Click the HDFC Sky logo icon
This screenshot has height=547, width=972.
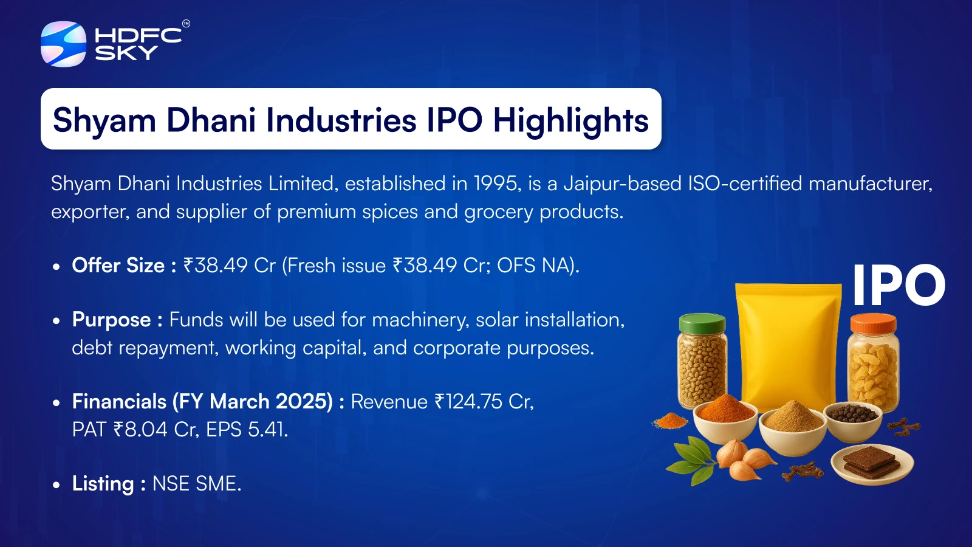[x=63, y=44]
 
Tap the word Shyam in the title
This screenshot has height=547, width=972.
[x=104, y=120]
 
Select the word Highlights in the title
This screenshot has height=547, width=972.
[x=571, y=120]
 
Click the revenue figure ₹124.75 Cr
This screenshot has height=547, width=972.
[x=484, y=402]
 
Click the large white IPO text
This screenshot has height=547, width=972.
[x=898, y=285]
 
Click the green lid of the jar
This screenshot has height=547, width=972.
[x=702, y=323]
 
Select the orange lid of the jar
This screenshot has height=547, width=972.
[x=873, y=324]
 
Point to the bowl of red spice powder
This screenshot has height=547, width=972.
[x=725, y=417]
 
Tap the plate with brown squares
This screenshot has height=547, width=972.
[x=872, y=465]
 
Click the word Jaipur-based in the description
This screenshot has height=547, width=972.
[x=623, y=184]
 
